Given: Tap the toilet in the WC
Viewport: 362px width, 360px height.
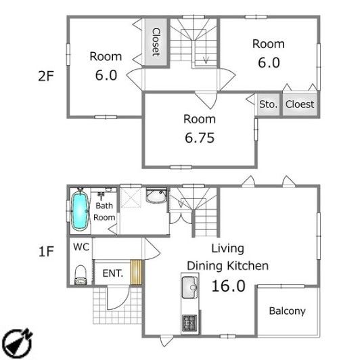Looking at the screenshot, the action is point(81,275).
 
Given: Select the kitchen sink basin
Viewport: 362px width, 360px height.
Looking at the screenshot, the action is point(189,288).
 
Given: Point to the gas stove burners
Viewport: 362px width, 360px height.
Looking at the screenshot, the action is point(189,323).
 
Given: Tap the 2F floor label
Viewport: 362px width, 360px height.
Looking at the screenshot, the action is point(46,76).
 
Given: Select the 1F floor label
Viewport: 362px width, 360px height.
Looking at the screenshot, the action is point(46,252).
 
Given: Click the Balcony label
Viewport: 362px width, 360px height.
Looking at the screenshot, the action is point(287,311).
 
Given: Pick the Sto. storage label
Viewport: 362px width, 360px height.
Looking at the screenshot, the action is point(268,104).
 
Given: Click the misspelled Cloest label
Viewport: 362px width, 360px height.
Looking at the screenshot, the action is point(300,104).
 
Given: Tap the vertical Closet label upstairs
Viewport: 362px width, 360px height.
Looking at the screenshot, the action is point(156,42).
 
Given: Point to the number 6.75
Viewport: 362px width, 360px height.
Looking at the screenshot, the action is point(200,138).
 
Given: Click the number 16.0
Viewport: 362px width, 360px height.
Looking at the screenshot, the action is point(228,286).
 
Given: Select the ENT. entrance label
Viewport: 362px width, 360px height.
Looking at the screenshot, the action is point(113,273).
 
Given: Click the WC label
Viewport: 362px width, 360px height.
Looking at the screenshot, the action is point(81,247).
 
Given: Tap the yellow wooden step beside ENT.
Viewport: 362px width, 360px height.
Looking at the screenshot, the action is point(136,273).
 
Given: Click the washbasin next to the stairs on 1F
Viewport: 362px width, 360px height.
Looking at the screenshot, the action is point(156,196).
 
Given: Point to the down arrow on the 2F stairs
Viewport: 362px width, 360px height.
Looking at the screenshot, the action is point(206,60).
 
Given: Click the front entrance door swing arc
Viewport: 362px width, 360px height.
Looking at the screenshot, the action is point(122,301).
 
